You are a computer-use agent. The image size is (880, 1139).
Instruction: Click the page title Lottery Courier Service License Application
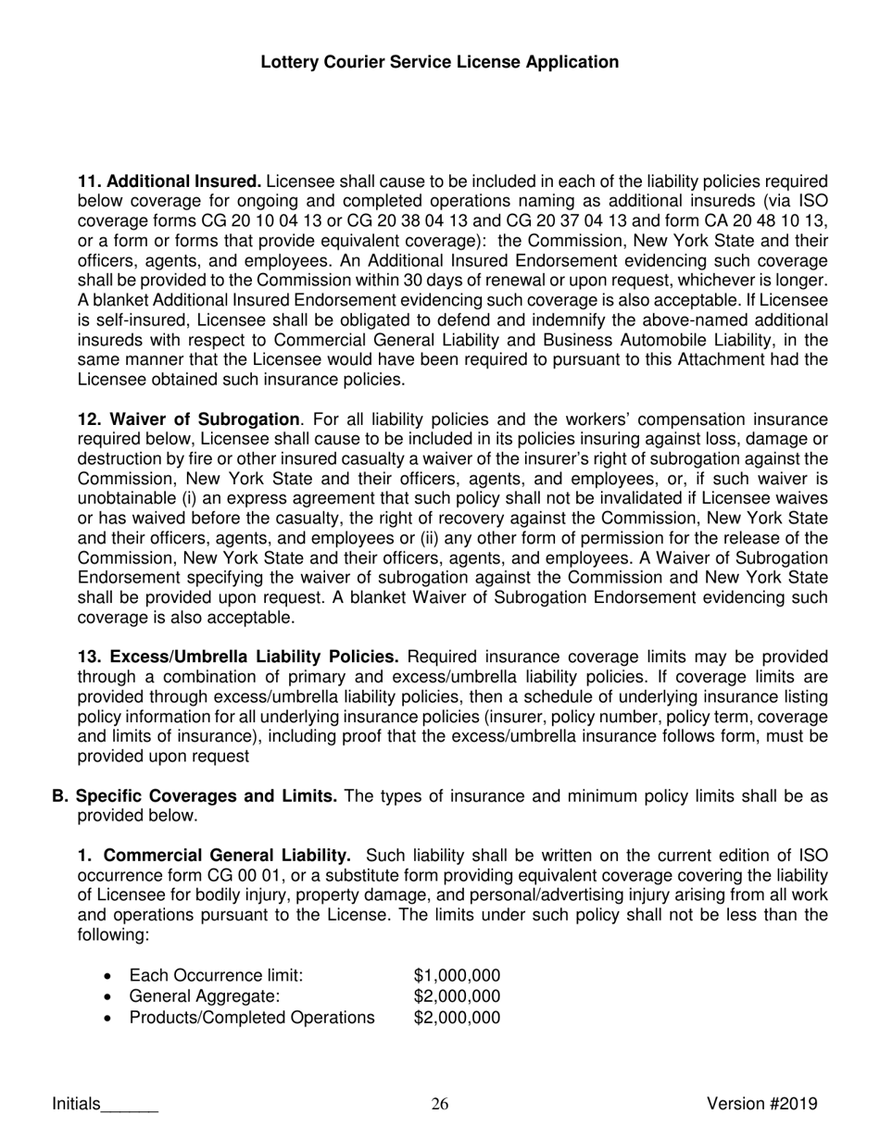pos(440,62)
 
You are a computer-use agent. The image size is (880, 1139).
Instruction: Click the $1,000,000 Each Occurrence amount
pos(457,975)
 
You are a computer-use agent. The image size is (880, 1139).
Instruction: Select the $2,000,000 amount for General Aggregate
pos(457,996)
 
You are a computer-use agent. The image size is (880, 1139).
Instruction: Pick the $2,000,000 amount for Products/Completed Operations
pos(457,1019)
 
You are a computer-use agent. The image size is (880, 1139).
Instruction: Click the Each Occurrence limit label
pos(216,975)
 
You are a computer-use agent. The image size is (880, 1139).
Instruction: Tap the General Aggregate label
pos(204,996)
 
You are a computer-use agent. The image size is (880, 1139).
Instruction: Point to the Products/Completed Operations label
pos(252,1019)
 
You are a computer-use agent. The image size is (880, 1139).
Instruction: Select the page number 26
pos(440,1104)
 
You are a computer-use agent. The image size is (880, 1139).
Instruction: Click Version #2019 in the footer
pos(761,1103)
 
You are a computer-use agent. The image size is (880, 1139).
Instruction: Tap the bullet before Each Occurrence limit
pos(110,976)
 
